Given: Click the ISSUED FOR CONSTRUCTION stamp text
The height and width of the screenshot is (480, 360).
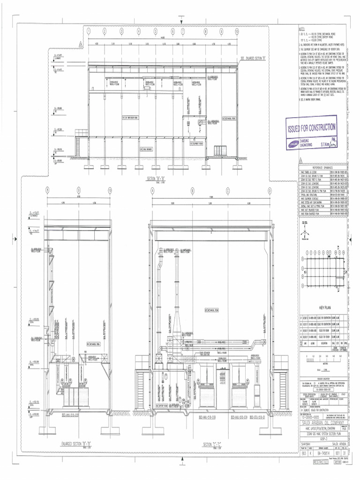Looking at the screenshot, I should tap(311, 127).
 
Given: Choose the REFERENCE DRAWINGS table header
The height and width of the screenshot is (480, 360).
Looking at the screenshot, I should tap(325, 168).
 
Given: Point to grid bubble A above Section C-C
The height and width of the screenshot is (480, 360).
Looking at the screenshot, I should tap(153, 191).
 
